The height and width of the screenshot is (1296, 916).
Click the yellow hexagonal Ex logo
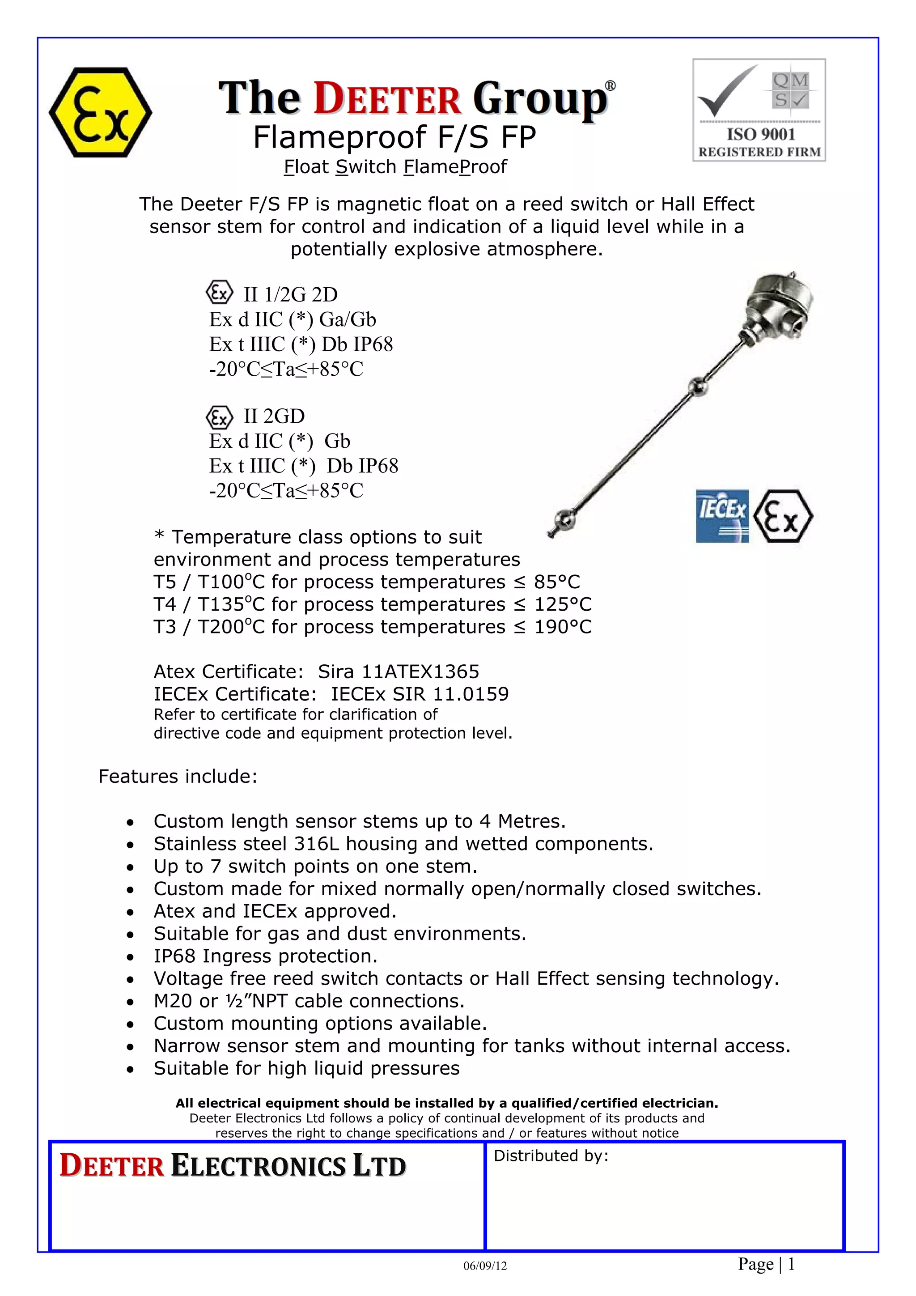pos(101,112)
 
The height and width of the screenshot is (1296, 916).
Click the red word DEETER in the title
pos(387,99)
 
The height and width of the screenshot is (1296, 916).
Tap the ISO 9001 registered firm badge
pos(759,110)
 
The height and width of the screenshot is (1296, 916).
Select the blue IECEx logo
pos(722,516)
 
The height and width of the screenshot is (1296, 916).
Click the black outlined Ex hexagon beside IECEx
pos(783,516)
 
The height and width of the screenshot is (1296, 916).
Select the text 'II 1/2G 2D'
pos(291,295)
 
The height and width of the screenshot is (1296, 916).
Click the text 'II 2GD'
pos(274,416)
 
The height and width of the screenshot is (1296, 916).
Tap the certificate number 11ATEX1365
pos(420,671)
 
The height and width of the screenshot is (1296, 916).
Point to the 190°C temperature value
pos(563,627)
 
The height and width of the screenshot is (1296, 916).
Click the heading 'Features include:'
pos(178,776)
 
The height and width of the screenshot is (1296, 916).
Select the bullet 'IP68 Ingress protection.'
pos(265,956)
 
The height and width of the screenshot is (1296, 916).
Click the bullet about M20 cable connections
pos(309,1001)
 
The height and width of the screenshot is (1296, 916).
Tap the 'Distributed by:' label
pos(551,1156)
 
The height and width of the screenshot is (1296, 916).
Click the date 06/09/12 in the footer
pos(485,1266)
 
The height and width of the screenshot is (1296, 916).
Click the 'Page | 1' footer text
pos(766,1264)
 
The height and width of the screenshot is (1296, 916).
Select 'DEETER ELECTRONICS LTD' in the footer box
pos(233,1166)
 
